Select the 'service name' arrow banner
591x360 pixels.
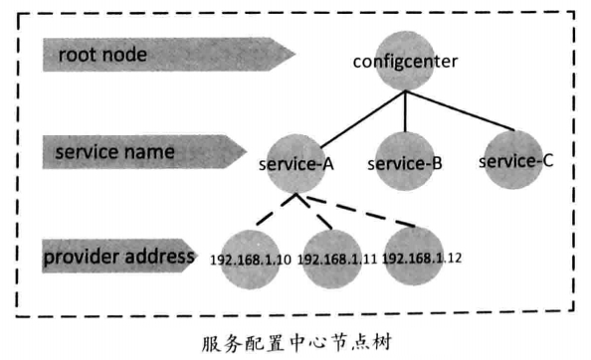click(139, 153)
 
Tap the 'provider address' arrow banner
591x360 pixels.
click(119, 256)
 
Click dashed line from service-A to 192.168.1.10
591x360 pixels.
click(269, 211)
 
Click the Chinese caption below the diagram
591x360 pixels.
click(296, 337)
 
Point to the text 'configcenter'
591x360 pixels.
click(405, 62)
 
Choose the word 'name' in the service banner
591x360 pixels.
click(150, 153)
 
